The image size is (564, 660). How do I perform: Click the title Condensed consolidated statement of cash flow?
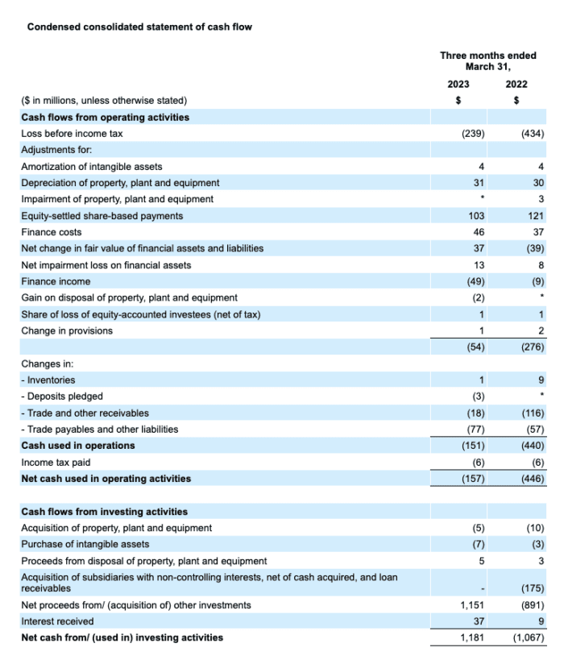[x=139, y=27]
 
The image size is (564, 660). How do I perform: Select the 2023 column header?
[x=458, y=84]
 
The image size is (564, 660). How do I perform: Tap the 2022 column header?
[x=516, y=84]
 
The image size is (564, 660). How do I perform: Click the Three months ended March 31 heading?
[x=487, y=61]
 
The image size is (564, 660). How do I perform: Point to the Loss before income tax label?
[x=72, y=134]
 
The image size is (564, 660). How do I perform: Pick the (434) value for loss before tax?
[x=533, y=134]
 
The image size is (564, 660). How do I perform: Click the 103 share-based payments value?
[x=475, y=216]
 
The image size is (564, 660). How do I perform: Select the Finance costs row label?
[x=51, y=232]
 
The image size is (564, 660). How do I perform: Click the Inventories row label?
[x=51, y=380]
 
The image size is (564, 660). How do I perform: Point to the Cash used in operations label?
[x=78, y=446]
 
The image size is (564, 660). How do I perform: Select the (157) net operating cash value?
[x=472, y=479]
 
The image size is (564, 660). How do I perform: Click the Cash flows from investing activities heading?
[x=104, y=512]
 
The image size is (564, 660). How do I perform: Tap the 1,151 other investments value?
[x=470, y=605]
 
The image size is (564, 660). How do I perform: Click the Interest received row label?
[x=57, y=621]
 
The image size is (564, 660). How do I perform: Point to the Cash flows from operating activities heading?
[x=105, y=117]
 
